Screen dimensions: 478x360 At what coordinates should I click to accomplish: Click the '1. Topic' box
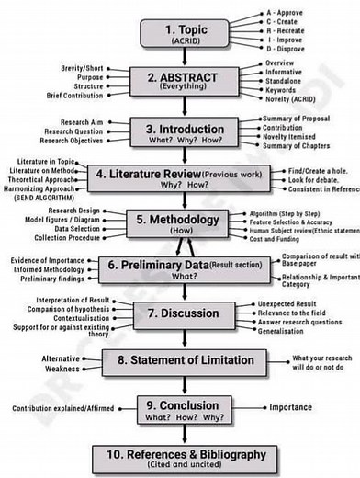coord(184,33)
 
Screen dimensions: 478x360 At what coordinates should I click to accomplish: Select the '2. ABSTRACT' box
coord(184,81)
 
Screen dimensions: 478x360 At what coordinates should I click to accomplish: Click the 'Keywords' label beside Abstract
coord(282,91)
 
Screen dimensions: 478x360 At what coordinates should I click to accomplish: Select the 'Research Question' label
coord(69,131)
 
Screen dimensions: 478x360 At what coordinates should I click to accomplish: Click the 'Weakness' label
coord(63,370)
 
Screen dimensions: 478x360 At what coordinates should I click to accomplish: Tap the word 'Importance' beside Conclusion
coord(290,407)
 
